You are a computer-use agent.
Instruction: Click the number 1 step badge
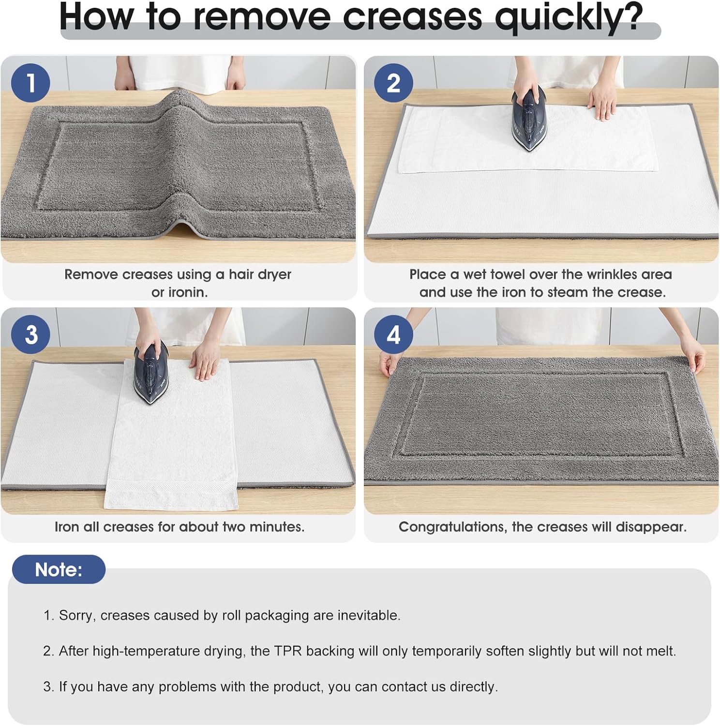[30, 83]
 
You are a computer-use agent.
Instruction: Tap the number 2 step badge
[393, 83]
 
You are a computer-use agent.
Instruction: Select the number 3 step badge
[30, 334]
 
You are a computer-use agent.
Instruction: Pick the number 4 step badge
[393, 334]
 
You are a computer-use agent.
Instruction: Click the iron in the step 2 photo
[529, 119]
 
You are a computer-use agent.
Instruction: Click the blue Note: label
[59, 570]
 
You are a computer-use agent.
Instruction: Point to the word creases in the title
[412, 17]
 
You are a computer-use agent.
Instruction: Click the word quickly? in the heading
[569, 17]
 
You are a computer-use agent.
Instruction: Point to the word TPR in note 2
[288, 651]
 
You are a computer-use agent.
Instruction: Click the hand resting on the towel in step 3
[207, 362]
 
